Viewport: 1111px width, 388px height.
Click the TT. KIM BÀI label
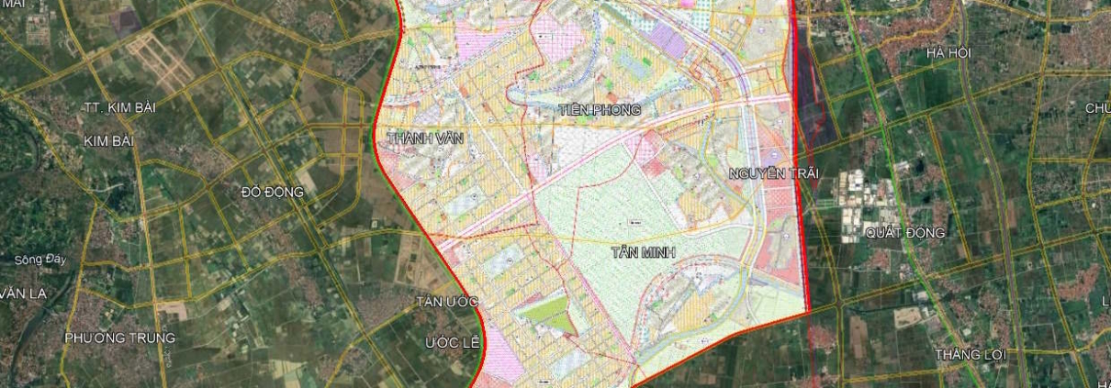(x=119, y=107)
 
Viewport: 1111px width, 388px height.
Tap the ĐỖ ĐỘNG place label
(x=265, y=193)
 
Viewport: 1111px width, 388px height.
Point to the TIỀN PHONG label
(x=598, y=110)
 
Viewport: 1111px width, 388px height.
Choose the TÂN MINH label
(x=643, y=250)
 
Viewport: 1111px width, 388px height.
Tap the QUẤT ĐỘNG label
(x=904, y=233)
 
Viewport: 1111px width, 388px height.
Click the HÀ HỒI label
(x=948, y=53)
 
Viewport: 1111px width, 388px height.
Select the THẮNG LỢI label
(x=971, y=354)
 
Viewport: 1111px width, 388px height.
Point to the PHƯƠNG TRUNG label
(x=119, y=338)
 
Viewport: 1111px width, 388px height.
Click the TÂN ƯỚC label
(x=447, y=302)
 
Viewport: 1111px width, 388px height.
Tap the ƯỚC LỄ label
(x=453, y=342)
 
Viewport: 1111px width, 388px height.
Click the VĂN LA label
(x=23, y=294)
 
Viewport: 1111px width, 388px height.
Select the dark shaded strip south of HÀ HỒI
(x=813, y=101)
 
